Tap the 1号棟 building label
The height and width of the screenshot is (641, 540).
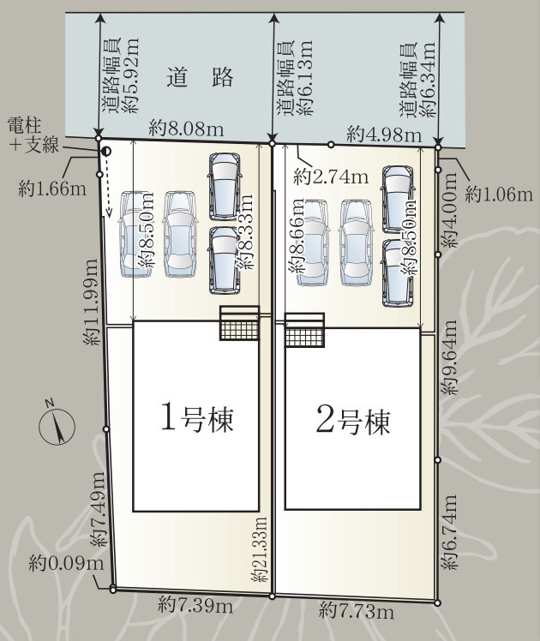(197, 419)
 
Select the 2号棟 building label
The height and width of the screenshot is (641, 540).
(352, 420)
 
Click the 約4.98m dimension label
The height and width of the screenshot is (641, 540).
(384, 135)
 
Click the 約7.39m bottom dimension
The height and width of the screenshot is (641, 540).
(195, 606)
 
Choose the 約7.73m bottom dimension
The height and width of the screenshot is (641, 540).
(358, 610)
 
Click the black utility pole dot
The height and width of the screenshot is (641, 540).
(106, 152)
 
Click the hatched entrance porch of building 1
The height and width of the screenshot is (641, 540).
(239, 323)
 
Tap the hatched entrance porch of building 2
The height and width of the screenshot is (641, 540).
(305, 330)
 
